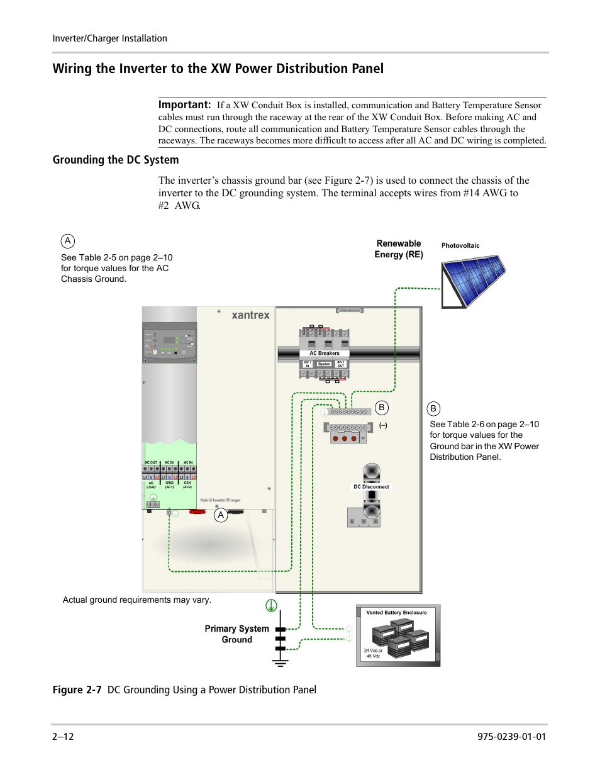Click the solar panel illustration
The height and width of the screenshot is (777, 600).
pos(474,280)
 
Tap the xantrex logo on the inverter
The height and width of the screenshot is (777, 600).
pos(250,315)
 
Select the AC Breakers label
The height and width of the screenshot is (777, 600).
pos(325,354)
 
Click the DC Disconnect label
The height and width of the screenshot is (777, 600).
pos(371,487)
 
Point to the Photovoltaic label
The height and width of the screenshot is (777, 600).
pos(460,246)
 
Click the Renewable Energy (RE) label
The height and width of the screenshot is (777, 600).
pos(399,249)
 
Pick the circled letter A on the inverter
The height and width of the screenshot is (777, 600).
pos(220,515)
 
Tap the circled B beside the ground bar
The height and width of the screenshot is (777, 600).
pos(381,408)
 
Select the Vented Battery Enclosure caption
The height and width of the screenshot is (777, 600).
pos(396,613)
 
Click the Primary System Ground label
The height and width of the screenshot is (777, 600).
pos(236,634)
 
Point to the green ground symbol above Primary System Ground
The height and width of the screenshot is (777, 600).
pos(271,606)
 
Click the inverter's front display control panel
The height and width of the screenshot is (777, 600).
pos(169,342)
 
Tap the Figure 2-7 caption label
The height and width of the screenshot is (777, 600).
pos(77,690)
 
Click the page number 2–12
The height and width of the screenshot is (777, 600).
pos(63,737)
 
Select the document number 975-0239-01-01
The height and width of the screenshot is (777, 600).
pos(511,737)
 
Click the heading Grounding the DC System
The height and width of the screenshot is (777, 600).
pos(116,160)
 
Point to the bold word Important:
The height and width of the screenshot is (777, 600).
pos(184,105)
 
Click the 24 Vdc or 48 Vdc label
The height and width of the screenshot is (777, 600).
pos(373,653)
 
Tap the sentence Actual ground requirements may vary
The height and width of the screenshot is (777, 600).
pos(137,600)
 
